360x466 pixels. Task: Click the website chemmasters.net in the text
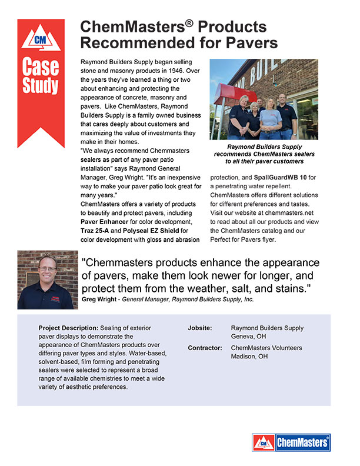point(290,214)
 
